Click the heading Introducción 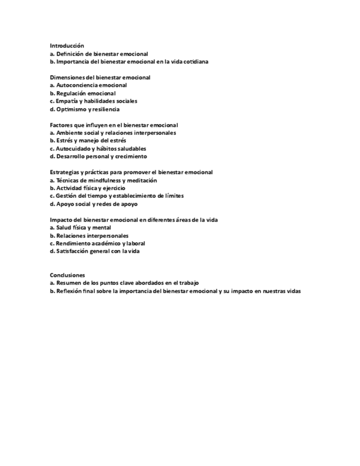(x=67, y=46)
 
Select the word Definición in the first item (x=70, y=54)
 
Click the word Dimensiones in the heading (x=67, y=77)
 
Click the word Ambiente (x=69, y=133)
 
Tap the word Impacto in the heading (x=60, y=220)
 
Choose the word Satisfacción (x=73, y=251)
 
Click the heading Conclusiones (x=67, y=275)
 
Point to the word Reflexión (x=70, y=291)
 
